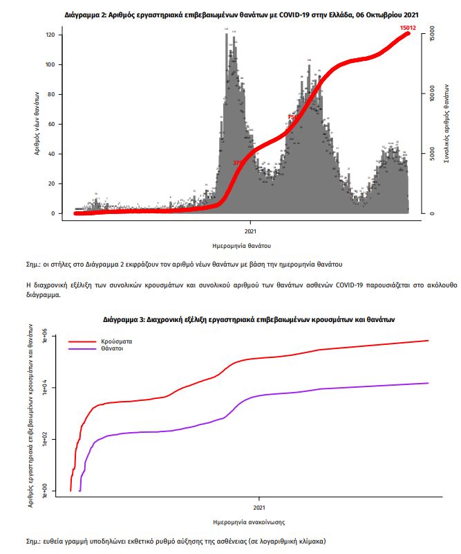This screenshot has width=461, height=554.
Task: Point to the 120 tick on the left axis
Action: click(x=50, y=35)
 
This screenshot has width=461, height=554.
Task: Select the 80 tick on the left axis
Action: click(x=50, y=94)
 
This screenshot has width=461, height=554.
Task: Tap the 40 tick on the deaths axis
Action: click(x=50, y=154)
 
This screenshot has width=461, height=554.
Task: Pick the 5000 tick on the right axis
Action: click(x=431, y=154)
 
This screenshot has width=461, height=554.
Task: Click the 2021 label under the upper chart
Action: click(x=251, y=231)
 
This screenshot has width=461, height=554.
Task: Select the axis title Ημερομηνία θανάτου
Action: click(x=241, y=246)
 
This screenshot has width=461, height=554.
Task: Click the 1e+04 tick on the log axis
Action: click(x=44, y=387)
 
